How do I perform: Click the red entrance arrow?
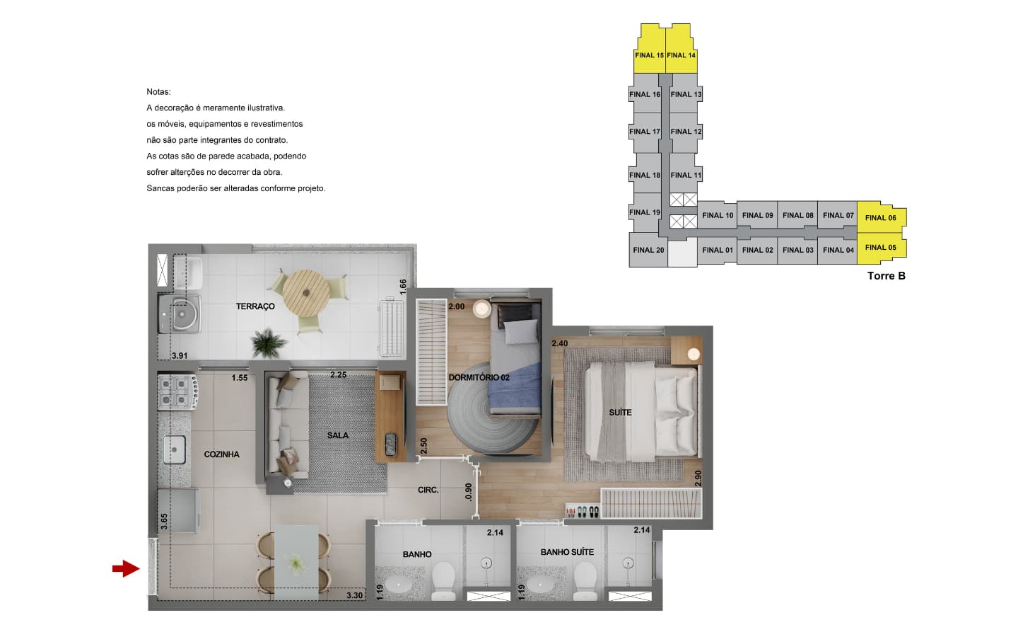126,568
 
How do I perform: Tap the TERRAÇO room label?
255,306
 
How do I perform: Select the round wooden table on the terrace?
306,294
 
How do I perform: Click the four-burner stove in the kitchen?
177,392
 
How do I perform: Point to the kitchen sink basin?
174,449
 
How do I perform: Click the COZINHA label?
221,454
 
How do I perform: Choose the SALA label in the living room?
338,435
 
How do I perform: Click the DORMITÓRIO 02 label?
479,378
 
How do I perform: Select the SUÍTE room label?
620,413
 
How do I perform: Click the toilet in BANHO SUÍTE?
585,581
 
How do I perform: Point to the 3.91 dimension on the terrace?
180,356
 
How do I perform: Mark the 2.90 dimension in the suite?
698,478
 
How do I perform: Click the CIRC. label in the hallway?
428,490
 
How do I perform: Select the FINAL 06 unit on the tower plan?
882,217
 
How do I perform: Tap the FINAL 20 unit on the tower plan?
648,250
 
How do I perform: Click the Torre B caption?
887,276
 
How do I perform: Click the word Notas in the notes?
158,92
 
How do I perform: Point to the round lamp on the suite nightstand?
693,354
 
